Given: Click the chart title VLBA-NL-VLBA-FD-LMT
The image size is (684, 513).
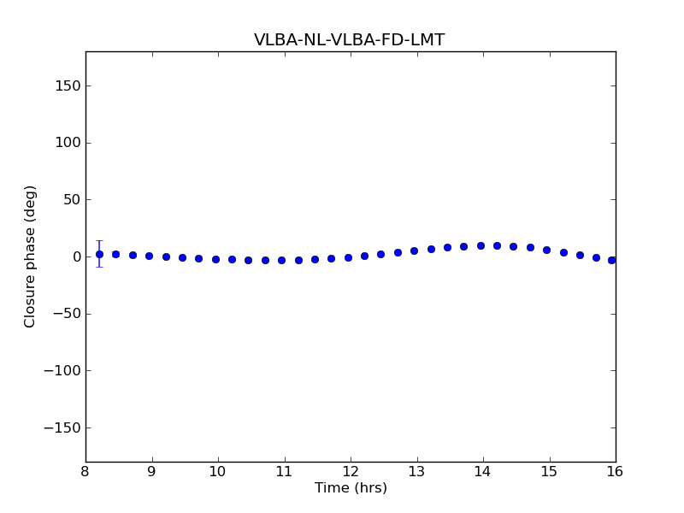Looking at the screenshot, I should (349, 40).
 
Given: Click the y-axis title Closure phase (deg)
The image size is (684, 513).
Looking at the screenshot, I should (31, 256).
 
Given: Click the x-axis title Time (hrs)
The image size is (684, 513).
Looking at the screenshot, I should (351, 488).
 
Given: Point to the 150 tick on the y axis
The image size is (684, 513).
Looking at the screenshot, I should (68, 85).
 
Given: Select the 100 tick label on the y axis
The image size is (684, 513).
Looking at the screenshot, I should (68, 143).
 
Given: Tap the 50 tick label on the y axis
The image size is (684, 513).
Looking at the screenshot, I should (72, 199).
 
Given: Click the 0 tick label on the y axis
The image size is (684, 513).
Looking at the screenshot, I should (76, 256).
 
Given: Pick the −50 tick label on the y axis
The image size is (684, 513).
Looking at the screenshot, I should (66, 314).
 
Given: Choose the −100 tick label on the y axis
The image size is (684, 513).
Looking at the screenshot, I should (62, 370).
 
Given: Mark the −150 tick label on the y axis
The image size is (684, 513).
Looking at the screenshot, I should (62, 427).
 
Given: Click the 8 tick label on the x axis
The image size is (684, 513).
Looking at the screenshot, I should (85, 472).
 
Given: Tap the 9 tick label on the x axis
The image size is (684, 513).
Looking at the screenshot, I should (151, 472).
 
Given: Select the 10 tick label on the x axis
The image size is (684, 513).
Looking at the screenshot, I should (218, 472).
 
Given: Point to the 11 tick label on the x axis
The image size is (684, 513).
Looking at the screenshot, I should (284, 472).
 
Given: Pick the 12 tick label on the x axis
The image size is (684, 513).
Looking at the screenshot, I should (351, 472).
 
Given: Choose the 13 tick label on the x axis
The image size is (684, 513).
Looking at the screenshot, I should (416, 472).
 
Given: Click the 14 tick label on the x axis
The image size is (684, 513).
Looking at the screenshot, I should (483, 472).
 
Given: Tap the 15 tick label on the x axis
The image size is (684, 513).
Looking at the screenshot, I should (549, 472).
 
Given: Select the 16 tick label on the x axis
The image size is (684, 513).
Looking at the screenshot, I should (615, 472).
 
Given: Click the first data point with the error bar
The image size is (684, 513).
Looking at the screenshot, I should (99, 254).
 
